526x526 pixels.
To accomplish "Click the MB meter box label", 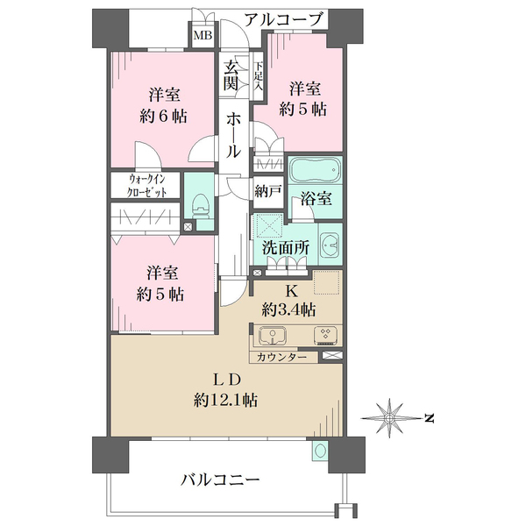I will click(x=203, y=36).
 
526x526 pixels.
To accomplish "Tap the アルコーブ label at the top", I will click(x=284, y=18).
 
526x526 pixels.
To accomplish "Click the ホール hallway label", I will click(x=233, y=135).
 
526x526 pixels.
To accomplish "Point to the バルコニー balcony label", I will click(x=220, y=480).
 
